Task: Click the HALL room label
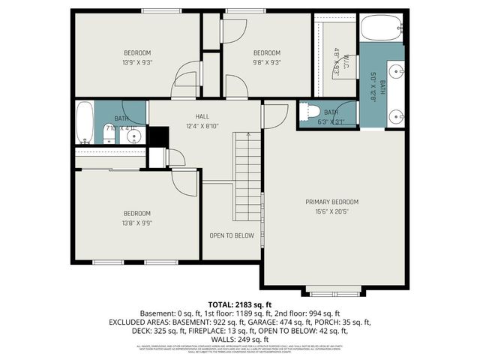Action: [x=202, y=116]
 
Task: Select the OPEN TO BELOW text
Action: [x=232, y=235]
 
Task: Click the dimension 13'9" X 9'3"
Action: [x=137, y=64]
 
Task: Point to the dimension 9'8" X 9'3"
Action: [x=266, y=64]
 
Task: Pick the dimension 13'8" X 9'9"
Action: [x=137, y=223]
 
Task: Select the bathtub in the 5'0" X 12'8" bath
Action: [x=373, y=30]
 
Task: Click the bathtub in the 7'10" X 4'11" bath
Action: [x=85, y=122]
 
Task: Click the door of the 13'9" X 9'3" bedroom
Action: [x=184, y=82]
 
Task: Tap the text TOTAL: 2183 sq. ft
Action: [x=239, y=304]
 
